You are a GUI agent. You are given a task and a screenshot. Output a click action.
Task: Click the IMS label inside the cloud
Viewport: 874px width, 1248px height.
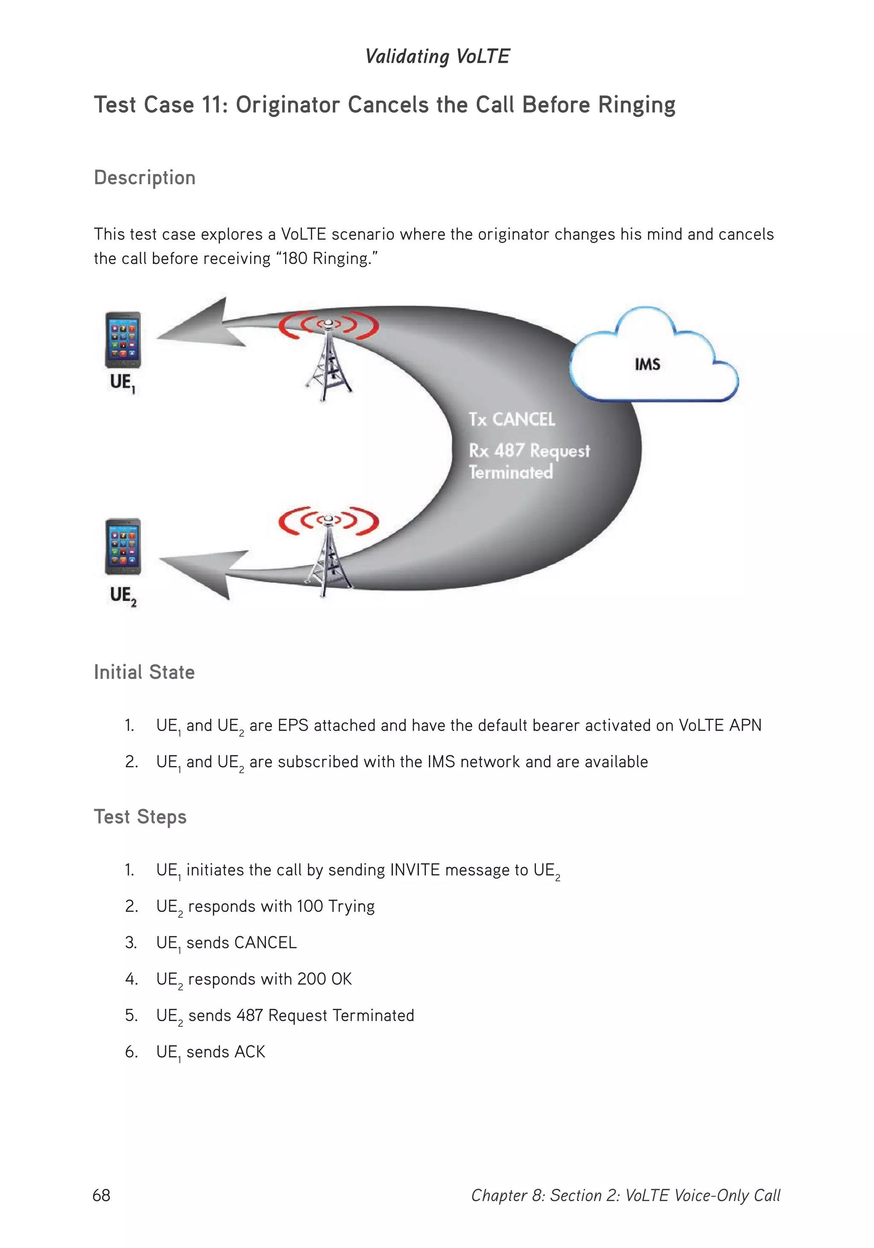click(647, 364)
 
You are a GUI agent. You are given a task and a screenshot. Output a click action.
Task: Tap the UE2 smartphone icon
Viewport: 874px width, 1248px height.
click(123, 546)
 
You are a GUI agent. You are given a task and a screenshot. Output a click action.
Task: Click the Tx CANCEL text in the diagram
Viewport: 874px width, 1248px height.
click(512, 419)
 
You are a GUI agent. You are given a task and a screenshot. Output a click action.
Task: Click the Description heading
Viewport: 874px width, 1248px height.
click(145, 178)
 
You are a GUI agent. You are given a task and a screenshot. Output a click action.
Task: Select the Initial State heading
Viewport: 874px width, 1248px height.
click(144, 672)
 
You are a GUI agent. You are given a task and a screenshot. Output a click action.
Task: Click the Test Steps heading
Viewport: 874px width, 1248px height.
click(140, 817)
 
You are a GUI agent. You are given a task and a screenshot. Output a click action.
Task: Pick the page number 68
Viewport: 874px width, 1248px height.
click(102, 1195)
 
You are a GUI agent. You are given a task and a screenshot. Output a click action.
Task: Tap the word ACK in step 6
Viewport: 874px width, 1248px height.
click(250, 1052)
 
